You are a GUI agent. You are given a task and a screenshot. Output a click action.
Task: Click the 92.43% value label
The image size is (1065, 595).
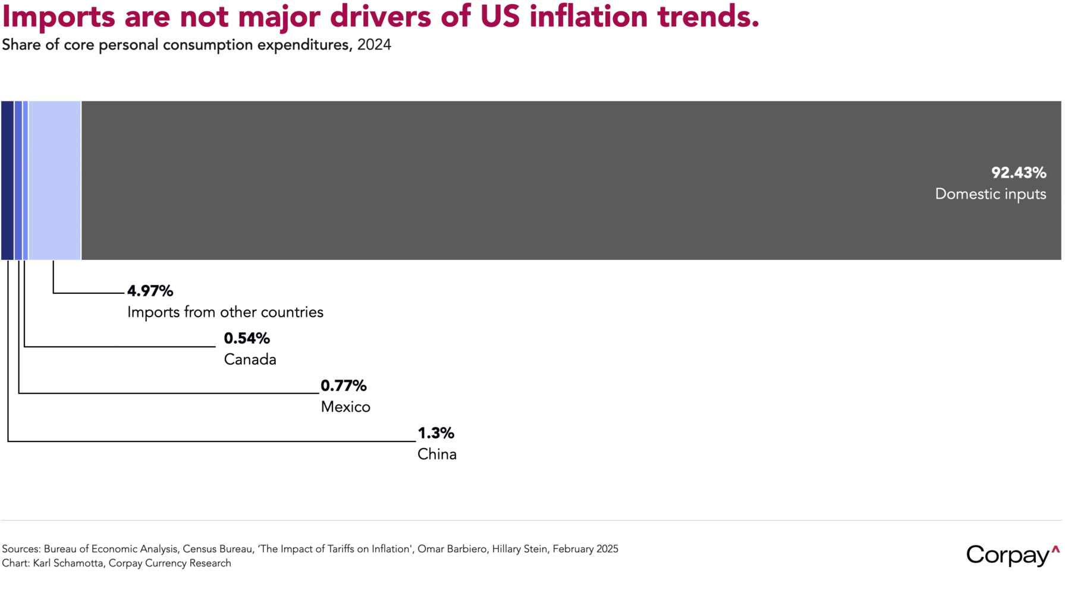click(1018, 173)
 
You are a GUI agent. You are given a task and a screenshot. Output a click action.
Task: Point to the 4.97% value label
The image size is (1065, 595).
click(150, 291)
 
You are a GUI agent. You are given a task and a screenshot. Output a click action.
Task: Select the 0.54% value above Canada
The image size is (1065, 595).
click(247, 339)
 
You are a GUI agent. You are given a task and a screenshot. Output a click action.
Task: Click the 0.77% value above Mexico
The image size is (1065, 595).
click(344, 386)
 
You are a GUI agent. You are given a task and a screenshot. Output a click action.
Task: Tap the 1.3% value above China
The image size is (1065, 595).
click(436, 433)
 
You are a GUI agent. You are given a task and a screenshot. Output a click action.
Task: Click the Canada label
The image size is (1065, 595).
click(250, 359)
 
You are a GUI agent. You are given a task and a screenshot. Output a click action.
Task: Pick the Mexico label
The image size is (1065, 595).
click(345, 407)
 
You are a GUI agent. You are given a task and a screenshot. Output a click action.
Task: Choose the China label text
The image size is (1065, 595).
click(437, 455)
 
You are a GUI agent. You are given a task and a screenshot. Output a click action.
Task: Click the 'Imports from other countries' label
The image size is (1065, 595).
click(225, 312)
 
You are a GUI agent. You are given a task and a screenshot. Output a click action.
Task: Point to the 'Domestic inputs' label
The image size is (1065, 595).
click(990, 194)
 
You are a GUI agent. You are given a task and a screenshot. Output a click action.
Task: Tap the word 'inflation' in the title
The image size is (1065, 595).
click(588, 17)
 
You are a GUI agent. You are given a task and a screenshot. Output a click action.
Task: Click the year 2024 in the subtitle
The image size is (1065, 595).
click(374, 45)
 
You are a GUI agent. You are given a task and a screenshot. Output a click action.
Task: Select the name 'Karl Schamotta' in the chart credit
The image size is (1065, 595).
click(67, 563)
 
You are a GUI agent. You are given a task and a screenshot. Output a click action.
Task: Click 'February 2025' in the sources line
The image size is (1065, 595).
click(585, 549)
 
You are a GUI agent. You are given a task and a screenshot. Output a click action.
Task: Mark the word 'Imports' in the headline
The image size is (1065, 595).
click(58, 17)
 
